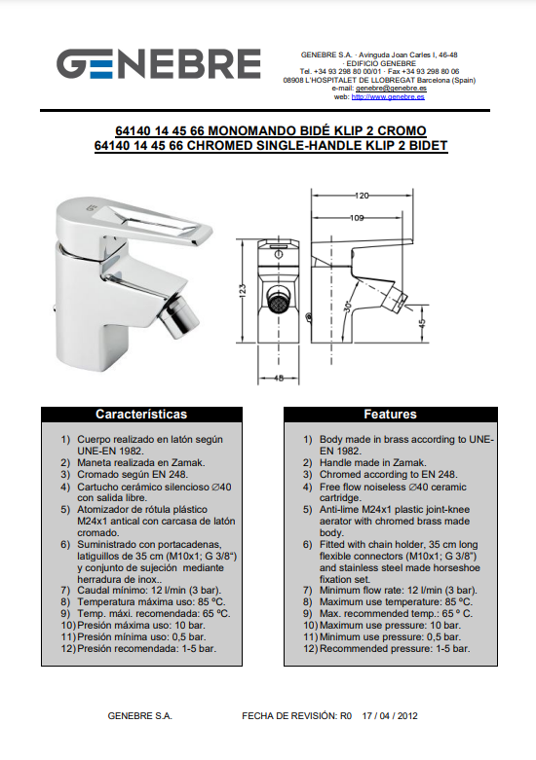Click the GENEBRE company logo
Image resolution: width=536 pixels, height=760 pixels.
pos(159,63)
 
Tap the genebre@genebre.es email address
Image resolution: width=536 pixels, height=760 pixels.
pos(391,89)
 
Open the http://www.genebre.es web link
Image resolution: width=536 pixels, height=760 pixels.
pos(388,97)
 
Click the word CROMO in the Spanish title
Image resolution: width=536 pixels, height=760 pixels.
pos(402,130)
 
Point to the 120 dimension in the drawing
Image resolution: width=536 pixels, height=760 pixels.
pos(362,196)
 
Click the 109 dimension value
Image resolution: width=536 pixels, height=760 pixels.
pos(357,218)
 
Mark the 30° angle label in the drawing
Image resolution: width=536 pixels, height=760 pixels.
pos(348,307)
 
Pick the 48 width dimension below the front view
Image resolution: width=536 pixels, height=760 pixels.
pos(278,379)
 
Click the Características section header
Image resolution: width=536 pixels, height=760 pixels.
pos(141,415)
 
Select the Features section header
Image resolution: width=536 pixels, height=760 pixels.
pos(391,415)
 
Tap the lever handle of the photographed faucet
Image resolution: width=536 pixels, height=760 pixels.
pos(135,221)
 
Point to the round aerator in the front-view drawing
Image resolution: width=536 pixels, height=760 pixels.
pos(278,304)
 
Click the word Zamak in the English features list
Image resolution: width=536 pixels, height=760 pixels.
pos(409,463)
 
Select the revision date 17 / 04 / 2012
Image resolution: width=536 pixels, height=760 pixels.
pos(390,716)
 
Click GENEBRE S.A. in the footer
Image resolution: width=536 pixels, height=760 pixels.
pos(139,716)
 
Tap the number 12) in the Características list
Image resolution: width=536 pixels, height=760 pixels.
pos(68,648)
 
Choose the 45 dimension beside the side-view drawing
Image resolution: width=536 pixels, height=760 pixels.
pos(421,323)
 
